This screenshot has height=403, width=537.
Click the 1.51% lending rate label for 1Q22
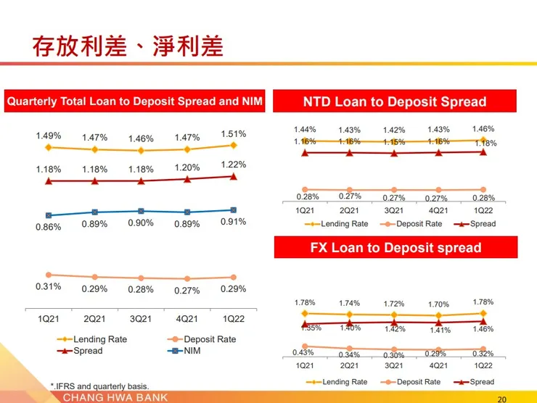coord(233,133)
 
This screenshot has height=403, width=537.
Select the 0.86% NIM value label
coord(49,227)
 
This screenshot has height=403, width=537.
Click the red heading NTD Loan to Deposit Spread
coord(394,101)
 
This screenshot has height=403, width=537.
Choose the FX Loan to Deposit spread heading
coord(395,247)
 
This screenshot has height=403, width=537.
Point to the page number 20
coord(502,399)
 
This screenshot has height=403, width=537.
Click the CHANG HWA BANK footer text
coord(115,397)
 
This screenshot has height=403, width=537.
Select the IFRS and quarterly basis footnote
coord(99,386)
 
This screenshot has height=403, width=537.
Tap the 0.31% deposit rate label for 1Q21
coord(49,286)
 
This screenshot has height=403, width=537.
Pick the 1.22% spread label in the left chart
coord(233,165)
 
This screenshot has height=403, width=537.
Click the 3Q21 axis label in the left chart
coord(141,318)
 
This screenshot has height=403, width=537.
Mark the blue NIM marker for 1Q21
coord(49,215)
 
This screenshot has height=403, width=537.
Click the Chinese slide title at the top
coord(128,46)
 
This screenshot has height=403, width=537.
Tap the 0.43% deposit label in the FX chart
coord(305,352)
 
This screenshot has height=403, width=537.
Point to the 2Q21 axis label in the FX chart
coord(349,365)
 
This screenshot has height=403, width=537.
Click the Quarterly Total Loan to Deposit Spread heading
coord(135,101)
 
